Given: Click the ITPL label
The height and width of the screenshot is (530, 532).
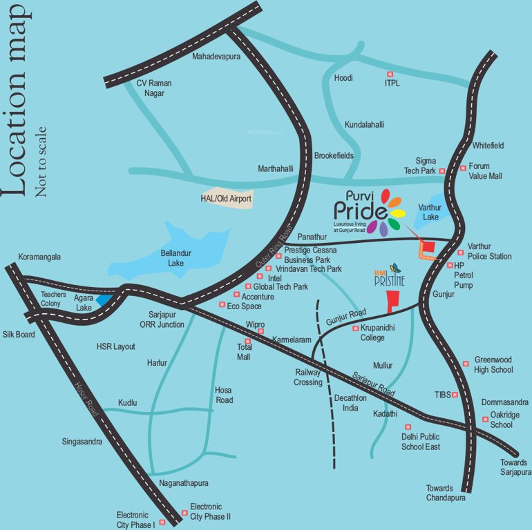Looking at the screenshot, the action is (x=392, y=84).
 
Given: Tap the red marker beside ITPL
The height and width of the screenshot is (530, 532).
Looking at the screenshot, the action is (x=389, y=74).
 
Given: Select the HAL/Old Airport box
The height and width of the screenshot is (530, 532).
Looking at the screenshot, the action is (x=226, y=199).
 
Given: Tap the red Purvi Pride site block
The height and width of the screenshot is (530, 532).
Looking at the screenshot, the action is (x=428, y=246).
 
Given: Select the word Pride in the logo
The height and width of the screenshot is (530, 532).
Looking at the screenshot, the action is (x=359, y=209).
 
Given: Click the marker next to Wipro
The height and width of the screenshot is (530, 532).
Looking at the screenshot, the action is (x=260, y=332).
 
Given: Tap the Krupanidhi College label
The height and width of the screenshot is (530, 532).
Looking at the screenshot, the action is (x=377, y=333).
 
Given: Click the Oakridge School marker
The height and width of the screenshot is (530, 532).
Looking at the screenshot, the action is (x=485, y=419).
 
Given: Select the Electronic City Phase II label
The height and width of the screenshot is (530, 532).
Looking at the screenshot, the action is (x=210, y=511).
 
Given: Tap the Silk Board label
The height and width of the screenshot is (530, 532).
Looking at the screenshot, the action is (x=18, y=333).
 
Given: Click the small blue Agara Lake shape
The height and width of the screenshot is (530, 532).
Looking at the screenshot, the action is (x=103, y=300).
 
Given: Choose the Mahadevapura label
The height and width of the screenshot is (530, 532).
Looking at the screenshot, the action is (x=216, y=57).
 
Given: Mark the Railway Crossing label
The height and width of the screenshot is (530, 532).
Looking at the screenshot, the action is (x=308, y=377).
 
